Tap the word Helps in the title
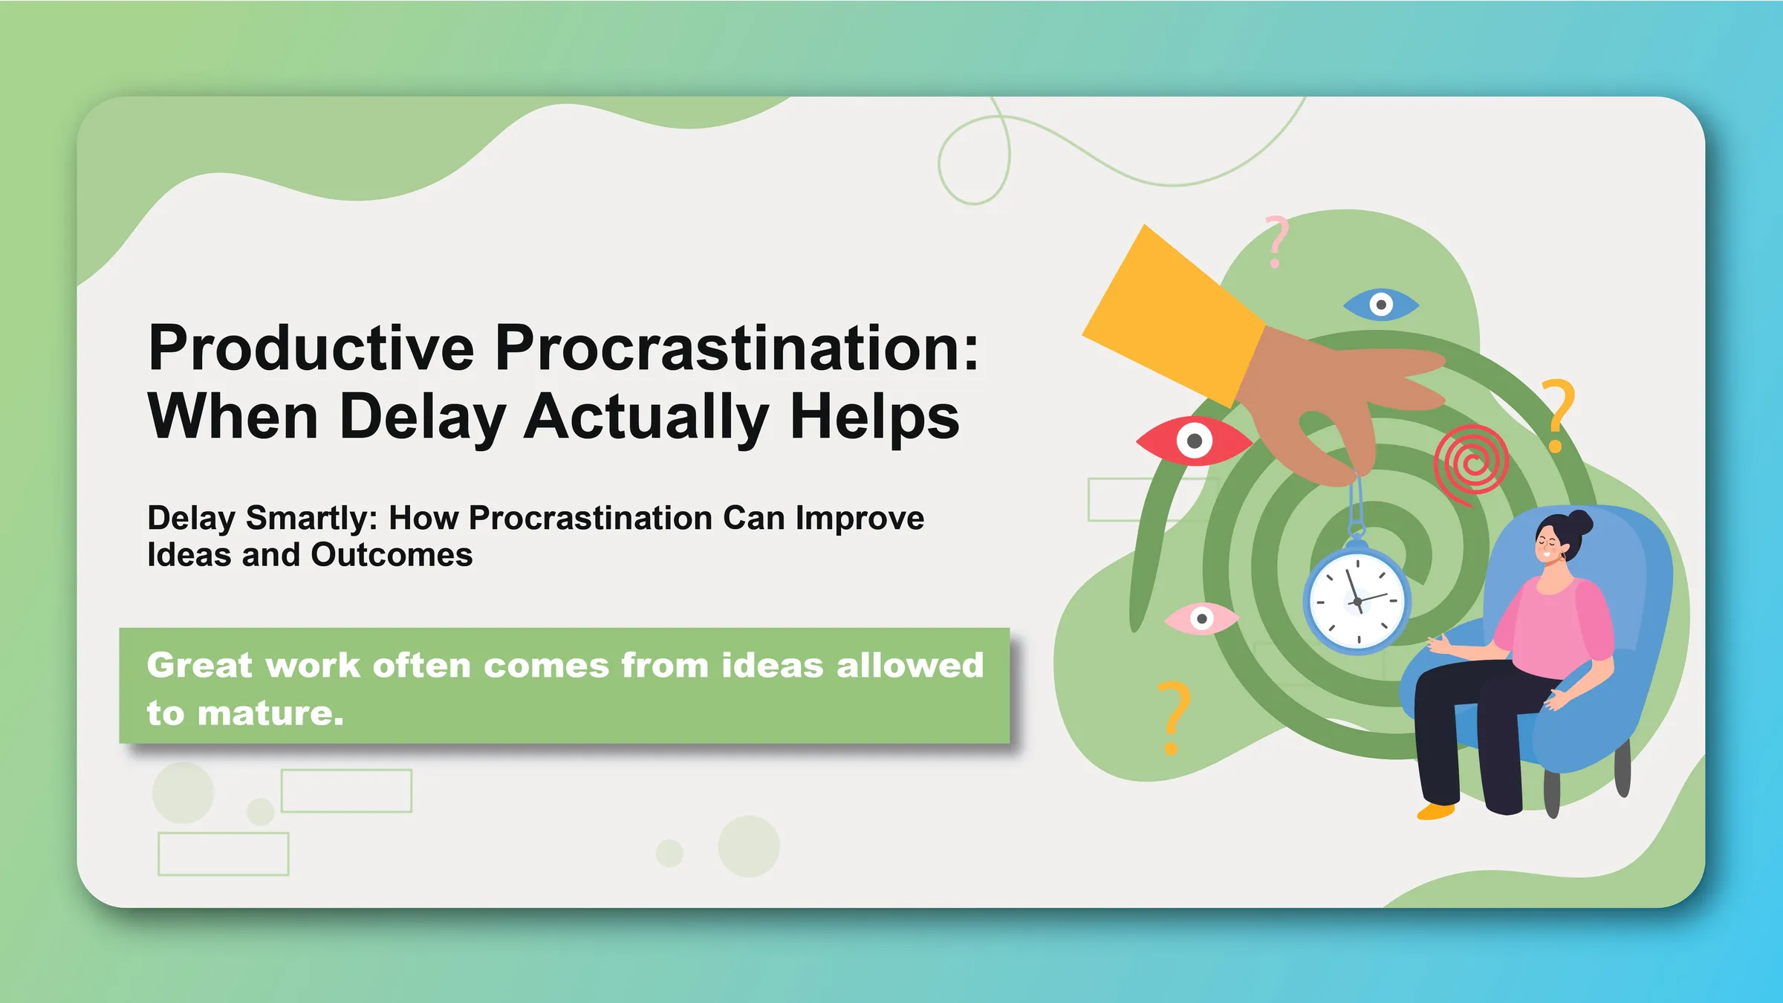tap(874, 418)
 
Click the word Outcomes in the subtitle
tap(392, 555)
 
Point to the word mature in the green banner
tap(271, 713)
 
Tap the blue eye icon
tap(1381, 305)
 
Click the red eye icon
tap(1194, 441)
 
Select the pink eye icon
tap(1201, 618)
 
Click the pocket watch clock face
tap(1357, 602)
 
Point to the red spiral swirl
tap(1471, 464)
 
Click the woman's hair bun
tap(1579, 522)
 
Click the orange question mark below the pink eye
tap(1174, 718)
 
